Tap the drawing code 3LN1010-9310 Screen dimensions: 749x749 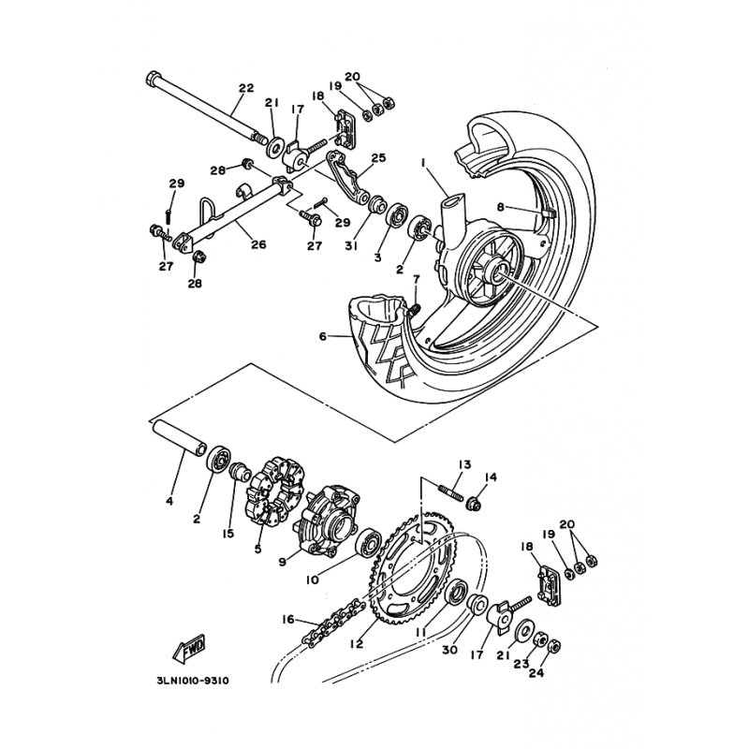[x=193, y=681]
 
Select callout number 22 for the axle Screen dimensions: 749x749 [x=246, y=88]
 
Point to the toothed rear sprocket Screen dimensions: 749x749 [x=412, y=568]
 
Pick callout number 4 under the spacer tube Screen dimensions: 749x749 [x=169, y=502]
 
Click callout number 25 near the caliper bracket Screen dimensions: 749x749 [x=379, y=157]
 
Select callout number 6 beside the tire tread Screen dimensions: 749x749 [x=323, y=337]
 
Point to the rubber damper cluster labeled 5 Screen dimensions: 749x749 [x=274, y=493]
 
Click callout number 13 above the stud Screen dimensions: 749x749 [x=464, y=463]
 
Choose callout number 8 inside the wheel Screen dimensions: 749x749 [x=500, y=207]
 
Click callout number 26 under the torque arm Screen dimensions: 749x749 [x=258, y=244]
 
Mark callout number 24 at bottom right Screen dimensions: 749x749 [x=536, y=672]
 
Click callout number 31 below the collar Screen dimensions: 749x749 [x=352, y=245]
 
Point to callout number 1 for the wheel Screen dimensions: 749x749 [x=423, y=163]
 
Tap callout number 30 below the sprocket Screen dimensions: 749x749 [x=449, y=650]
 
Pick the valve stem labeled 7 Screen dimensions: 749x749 [x=414, y=310]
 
